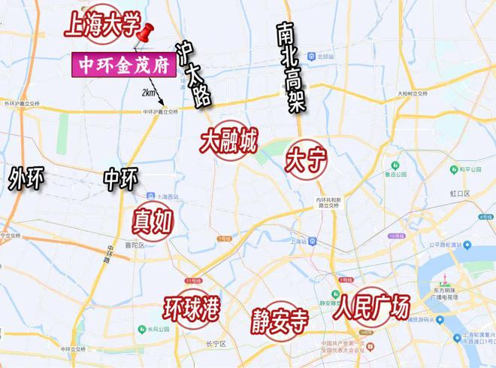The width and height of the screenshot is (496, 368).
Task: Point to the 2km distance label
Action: [149, 93]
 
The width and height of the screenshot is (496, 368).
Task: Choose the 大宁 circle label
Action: [305, 160]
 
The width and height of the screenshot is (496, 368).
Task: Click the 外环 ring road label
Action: [27, 179]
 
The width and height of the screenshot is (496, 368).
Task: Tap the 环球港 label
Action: [192, 310]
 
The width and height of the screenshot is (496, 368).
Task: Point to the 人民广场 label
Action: [374, 308]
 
